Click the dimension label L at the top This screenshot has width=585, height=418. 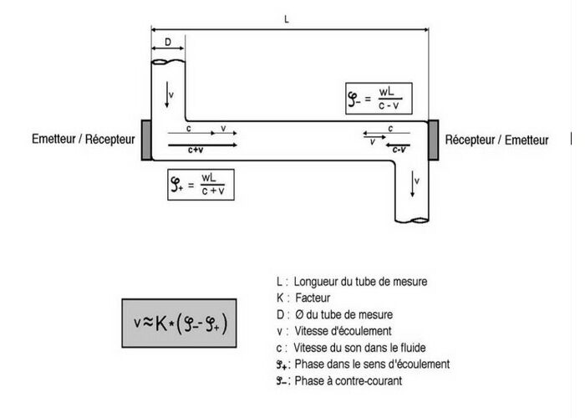(x=287, y=18)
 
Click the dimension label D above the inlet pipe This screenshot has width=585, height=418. (x=168, y=41)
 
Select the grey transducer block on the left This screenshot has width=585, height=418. (x=146, y=140)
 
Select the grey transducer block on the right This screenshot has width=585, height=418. (x=433, y=140)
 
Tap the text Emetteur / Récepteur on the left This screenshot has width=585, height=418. (x=83, y=140)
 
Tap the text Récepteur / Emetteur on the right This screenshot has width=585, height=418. (x=496, y=140)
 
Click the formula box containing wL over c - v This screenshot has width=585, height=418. (x=375, y=98)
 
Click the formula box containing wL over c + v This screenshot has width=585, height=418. (x=201, y=184)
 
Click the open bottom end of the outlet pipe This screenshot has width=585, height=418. (x=411, y=221)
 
